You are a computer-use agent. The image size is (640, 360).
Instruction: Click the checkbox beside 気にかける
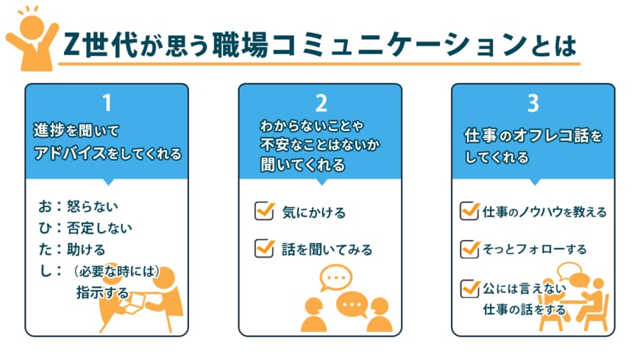[x=263, y=211]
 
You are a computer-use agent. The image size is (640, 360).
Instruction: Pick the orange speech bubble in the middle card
[x=352, y=303]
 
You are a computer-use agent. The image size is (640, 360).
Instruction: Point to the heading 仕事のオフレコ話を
[x=533, y=136]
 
